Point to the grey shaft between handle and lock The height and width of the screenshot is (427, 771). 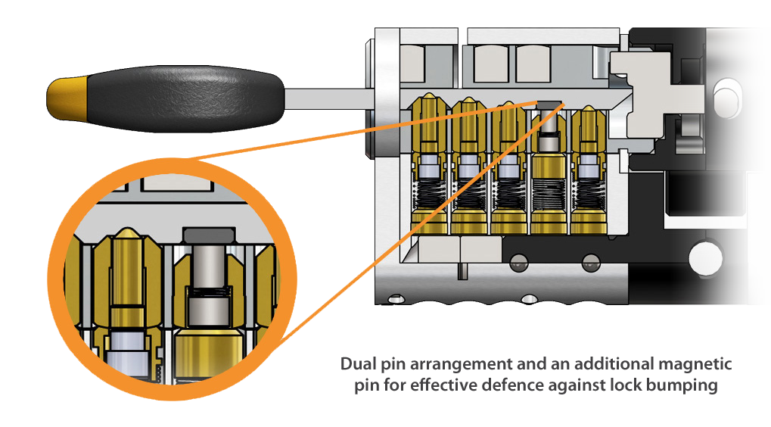click(325, 99)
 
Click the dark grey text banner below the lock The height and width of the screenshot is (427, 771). click(536, 376)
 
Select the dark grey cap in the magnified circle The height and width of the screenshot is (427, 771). click(204, 235)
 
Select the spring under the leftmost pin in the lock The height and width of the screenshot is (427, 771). click(430, 197)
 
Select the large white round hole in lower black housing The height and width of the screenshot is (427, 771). click(705, 257)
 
